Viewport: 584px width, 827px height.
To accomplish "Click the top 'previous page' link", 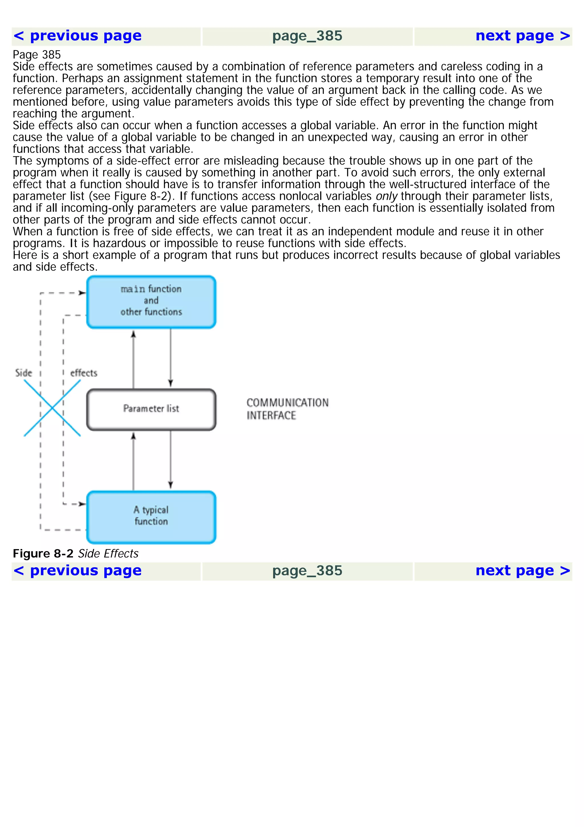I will pyautogui.click(x=77, y=36).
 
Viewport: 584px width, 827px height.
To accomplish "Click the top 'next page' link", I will pyautogui.click(x=522, y=36).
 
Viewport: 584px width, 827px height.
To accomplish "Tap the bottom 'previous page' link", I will pyautogui.click(x=77, y=571).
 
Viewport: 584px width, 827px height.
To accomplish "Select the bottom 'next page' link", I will pyautogui.click(x=522, y=571).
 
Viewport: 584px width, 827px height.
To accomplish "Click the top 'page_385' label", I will pyautogui.click(x=307, y=36).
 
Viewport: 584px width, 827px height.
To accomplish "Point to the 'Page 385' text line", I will pyautogui.click(x=37, y=55).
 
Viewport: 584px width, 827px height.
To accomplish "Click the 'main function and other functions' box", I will pyautogui.click(x=151, y=302).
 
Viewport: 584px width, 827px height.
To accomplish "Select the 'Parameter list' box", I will pyautogui.click(x=151, y=409).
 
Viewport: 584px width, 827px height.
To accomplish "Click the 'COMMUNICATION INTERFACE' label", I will pyautogui.click(x=287, y=409).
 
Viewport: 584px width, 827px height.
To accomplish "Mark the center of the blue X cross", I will pyautogui.click(x=52, y=408).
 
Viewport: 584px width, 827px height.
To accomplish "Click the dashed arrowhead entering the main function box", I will pyautogui.click(x=82, y=293).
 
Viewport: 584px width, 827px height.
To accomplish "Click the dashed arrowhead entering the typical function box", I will pyautogui.click(x=82, y=504).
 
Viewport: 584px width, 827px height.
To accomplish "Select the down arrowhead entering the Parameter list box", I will pyautogui.click(x=171, y=383).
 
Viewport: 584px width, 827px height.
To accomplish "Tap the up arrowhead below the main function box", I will pyautogui.click(x=133, y=334).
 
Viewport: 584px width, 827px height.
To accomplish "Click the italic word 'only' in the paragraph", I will pyautogui.click(x=386, y=196).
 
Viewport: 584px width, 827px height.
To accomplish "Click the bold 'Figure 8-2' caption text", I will pyautogui.click(x=43, y=554).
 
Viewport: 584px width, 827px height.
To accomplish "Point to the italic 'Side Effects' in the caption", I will pyautogui.click(x=108, y=554).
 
